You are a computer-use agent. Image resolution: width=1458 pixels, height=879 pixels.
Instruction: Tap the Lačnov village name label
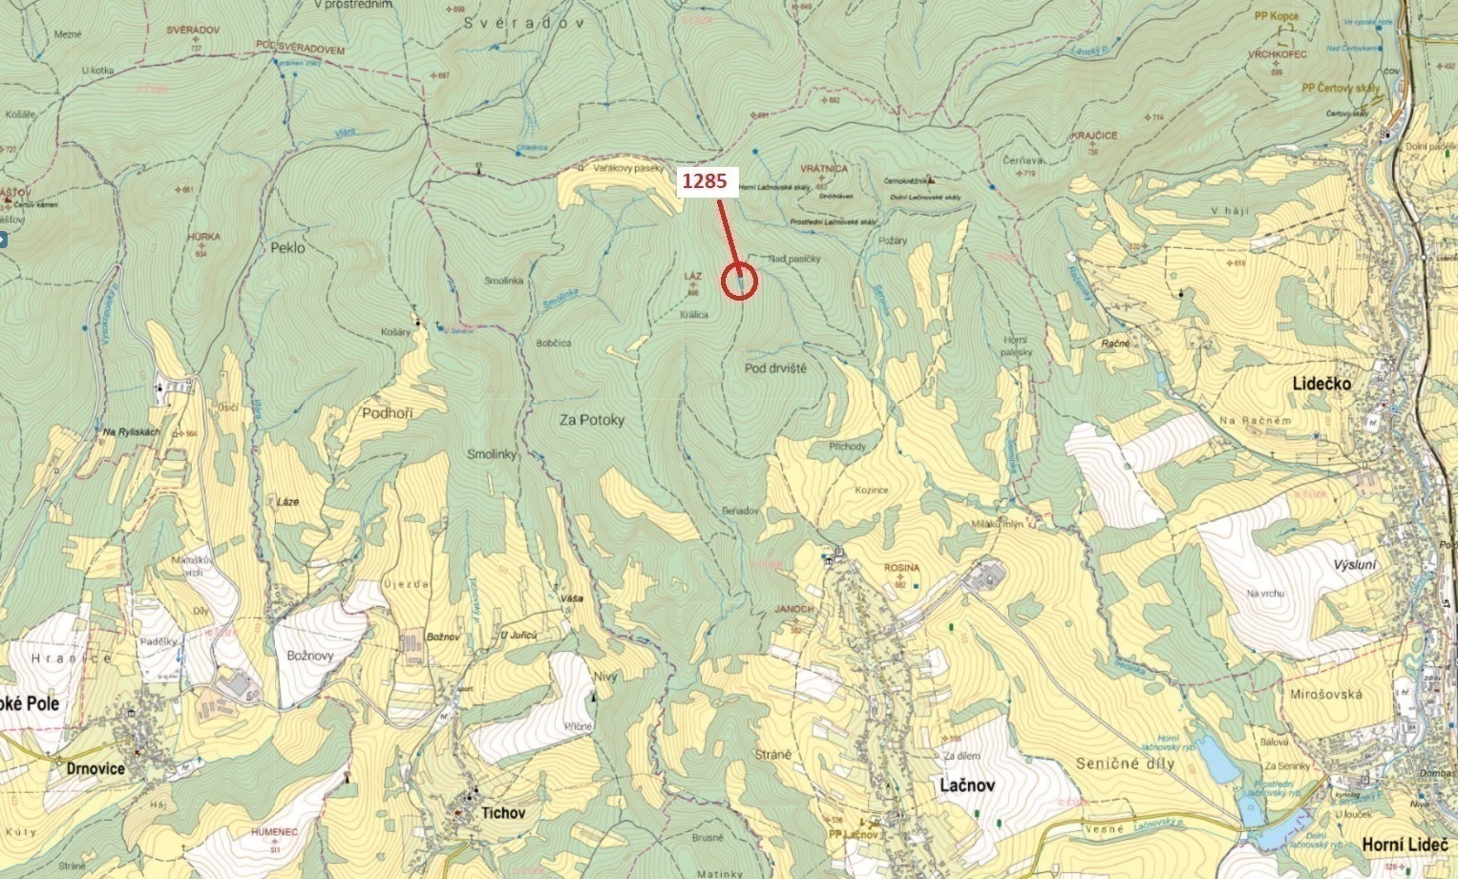tap(966, 785)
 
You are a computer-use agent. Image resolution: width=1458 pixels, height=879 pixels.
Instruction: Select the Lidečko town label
tap(1321, 383)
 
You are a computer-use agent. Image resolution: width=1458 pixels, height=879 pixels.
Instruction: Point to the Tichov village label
tap(503, 812)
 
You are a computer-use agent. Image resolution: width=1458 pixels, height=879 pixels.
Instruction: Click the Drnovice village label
tap(95, 768)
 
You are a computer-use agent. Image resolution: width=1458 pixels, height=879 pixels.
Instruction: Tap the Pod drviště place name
tap(775, 368)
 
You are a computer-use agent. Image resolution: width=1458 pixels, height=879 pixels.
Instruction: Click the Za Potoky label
tap(592, 420)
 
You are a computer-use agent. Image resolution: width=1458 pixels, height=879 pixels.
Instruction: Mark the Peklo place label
tap(287, 247)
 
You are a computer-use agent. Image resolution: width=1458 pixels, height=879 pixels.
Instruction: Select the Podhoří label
tap(388, 413)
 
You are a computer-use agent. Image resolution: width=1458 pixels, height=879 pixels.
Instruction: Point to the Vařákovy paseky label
tap(627, 168)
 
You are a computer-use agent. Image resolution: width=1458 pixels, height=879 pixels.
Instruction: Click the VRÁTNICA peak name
tap(824, 168)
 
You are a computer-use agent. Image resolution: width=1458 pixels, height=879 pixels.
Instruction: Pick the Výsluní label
tap(1355, 565)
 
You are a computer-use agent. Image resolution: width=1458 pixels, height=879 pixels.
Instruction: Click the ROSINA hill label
tap(901, 568)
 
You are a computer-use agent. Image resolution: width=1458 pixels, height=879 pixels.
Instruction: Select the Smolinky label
tap(492, 454)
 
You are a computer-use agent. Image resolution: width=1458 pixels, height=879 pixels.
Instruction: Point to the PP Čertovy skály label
tap(1341, 88)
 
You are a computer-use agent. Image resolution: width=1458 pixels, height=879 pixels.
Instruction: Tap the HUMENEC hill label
tap(274, 832)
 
